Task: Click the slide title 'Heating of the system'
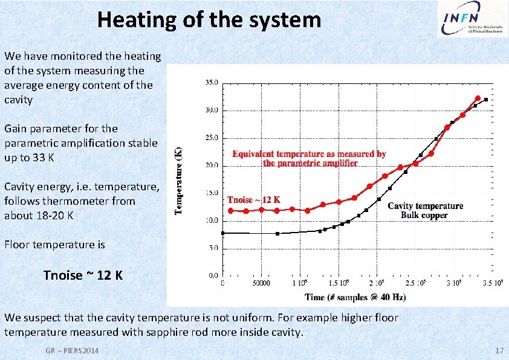pyautogui.click(x=209, y=20)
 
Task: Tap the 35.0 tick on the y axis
pyautogui.click(x=212, y=83)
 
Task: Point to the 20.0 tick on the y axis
pyautogui.click(x=212, y=166)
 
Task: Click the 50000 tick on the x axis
pyautogui.click(x=262, y=282)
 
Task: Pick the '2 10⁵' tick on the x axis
pyautogui.click(x=380, y=282)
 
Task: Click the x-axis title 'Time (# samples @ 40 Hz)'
pyautogui.click(x=355, y=297)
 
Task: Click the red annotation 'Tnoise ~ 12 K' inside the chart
pyautogui.click(x=254, y=199)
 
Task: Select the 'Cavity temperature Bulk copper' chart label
pyautogui.click(x=425, y=210)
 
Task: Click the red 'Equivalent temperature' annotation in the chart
pyautogui.click(x=309, y=158)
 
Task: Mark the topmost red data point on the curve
pyautogui.click(x=478, y=98)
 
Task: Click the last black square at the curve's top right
pyautogui.click(x=486, y=100)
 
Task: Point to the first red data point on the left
pyautogui.click(x=230, y=210)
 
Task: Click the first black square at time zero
pyautogui.click(x=223, y=233)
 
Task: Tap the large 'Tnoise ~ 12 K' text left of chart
pyautogui.click(x=83, y=275)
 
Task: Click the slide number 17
pyautogui.click(x=499, y=351)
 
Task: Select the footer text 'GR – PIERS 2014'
pyautogui.click(x=73, y=351)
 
